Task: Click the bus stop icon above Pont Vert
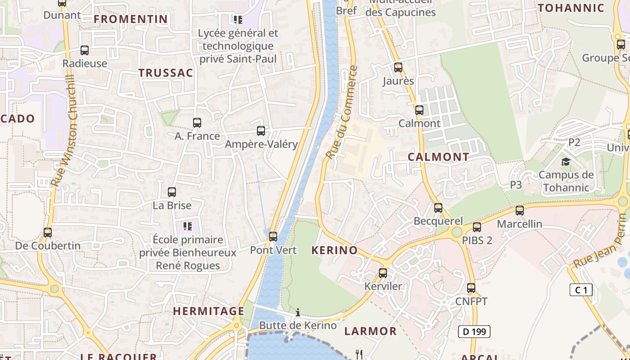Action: point(273,237)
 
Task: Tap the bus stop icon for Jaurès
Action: point(398,67)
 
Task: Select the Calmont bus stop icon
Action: point(419,110)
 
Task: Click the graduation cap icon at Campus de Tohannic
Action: point(566,162)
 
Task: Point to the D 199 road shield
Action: point(474,332)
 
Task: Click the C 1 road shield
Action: point(581,290)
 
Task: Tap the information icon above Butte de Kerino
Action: point(297,312)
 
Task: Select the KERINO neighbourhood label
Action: point(334,251)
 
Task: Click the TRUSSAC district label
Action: point(166,73)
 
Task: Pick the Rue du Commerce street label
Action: point(342,112)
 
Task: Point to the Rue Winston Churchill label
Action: point(65,130)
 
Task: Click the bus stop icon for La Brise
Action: point(172,192)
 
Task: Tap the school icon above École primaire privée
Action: point(188,226)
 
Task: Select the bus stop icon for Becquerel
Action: point(438,208)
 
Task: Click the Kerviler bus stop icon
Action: point(383,273)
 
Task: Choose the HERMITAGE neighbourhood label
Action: point(209,311)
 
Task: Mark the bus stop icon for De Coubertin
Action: point(48,233)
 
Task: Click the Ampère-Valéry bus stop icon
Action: point(261,131)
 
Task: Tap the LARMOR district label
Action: point(370,332)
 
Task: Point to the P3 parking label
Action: point(516,184)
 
